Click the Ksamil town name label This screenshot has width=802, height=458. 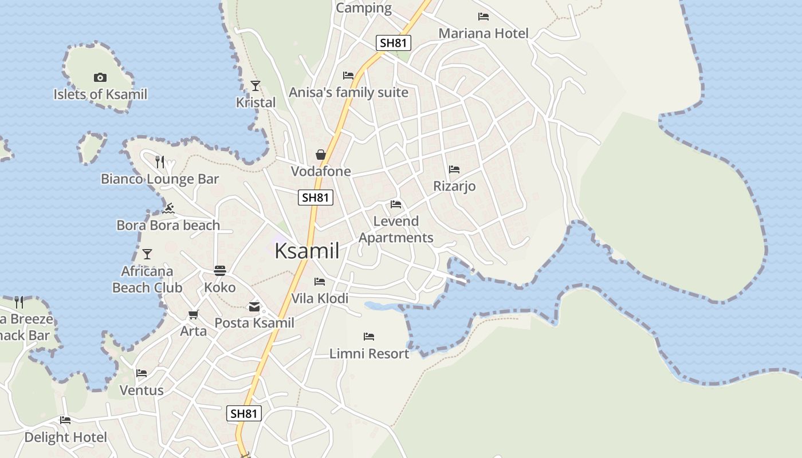pos(307,251)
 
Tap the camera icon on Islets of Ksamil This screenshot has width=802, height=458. pos(100,78)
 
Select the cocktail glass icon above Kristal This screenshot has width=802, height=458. pos(255,86)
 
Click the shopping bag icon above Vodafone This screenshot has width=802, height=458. pos(321,155)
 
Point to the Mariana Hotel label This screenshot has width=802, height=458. pos(483,33)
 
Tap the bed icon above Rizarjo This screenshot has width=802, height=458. pos(454,169)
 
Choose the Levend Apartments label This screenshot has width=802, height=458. pos(396,229)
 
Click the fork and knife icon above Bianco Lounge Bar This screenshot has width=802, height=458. pos(160,162)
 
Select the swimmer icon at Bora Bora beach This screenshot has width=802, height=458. pos(168,208)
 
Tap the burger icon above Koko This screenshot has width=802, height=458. pos(220,270)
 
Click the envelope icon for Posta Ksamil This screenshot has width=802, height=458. pos(254,307)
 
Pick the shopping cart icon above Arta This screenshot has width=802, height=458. pos(194,315)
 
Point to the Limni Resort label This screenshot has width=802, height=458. pos(369,354)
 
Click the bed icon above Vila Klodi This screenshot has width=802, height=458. pos(320,282)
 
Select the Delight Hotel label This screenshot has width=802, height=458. pos(65,437)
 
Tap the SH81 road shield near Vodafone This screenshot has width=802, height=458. pos(316,198)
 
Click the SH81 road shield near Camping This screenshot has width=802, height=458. pos(394,42)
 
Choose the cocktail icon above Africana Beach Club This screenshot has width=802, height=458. pos(147,254)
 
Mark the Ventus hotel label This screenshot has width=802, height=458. pos(141,390)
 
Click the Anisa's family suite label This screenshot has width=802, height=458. pos(348,92)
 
